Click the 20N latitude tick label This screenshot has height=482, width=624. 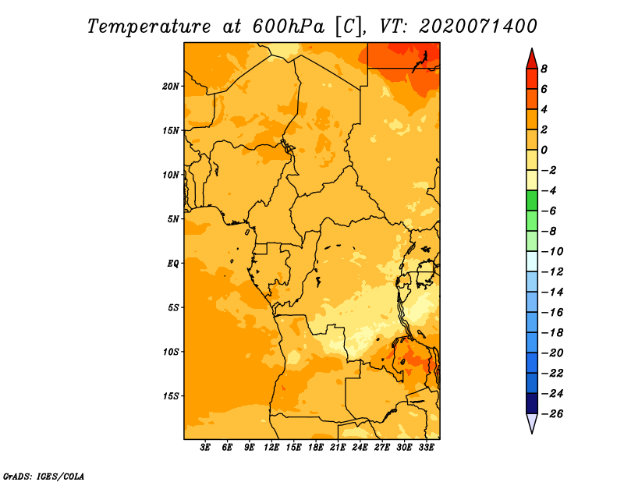pos(171,86)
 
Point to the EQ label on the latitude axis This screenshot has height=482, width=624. pos(172,263)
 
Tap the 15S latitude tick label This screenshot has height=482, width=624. pos(171,396)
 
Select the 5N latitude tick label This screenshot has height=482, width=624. pos(173,219)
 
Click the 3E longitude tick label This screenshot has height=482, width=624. pos(205,447)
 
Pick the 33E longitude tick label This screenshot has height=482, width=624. pos(426,447)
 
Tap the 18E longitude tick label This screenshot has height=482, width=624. pos(316,447)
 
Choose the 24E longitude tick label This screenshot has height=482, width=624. pos(360,447)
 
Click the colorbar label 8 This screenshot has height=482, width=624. pos(544,69)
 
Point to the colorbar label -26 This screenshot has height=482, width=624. pos(552,414)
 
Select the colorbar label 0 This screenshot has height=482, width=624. pos(544,150)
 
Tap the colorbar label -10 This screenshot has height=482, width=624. pos(552,252)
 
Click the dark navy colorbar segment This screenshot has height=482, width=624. pos(532,403)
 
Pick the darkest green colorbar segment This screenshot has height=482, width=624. pos(532,200)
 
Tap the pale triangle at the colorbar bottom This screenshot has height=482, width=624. pos(532,423)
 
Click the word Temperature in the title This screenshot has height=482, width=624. pos(149,27)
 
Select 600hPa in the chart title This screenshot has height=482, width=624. pos(288,27)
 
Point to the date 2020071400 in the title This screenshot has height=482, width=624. pos(477,27)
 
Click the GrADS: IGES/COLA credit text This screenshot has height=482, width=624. pos(44,476)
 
